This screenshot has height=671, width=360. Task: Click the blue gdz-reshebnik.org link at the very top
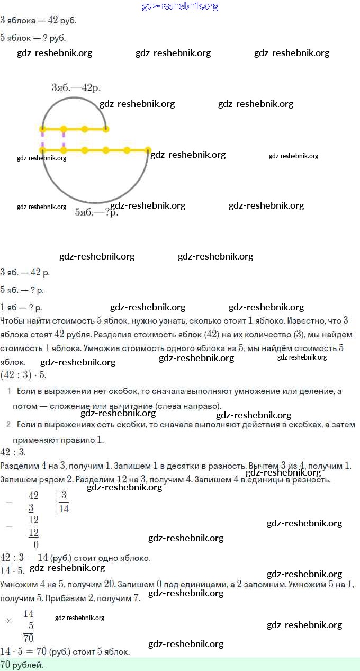click(180, 6)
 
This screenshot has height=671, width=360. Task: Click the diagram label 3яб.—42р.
click(76, 88)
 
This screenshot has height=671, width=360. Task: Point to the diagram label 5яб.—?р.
click(96, 213)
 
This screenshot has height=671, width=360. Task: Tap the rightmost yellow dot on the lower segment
click(148, 150)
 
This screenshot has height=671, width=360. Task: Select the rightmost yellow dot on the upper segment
click(106, 129)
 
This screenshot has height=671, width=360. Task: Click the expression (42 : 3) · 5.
click(24, 375)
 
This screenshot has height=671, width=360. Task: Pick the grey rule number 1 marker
click(9, 391)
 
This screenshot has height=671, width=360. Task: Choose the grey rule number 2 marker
click(8, 425)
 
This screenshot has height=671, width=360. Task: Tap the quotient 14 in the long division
click(64, 509)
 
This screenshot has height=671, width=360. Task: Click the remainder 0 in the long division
click(35, 544)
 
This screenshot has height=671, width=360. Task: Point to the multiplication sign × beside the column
click(9, 621)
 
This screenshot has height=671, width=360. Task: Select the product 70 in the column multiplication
click(29, 638)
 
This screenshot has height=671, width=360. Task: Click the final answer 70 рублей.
click(22, 665)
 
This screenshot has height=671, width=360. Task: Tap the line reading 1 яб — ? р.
click(22, 307)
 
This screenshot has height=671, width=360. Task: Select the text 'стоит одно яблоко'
click(112, 558)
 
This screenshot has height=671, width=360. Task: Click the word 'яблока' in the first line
click(23, 21)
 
